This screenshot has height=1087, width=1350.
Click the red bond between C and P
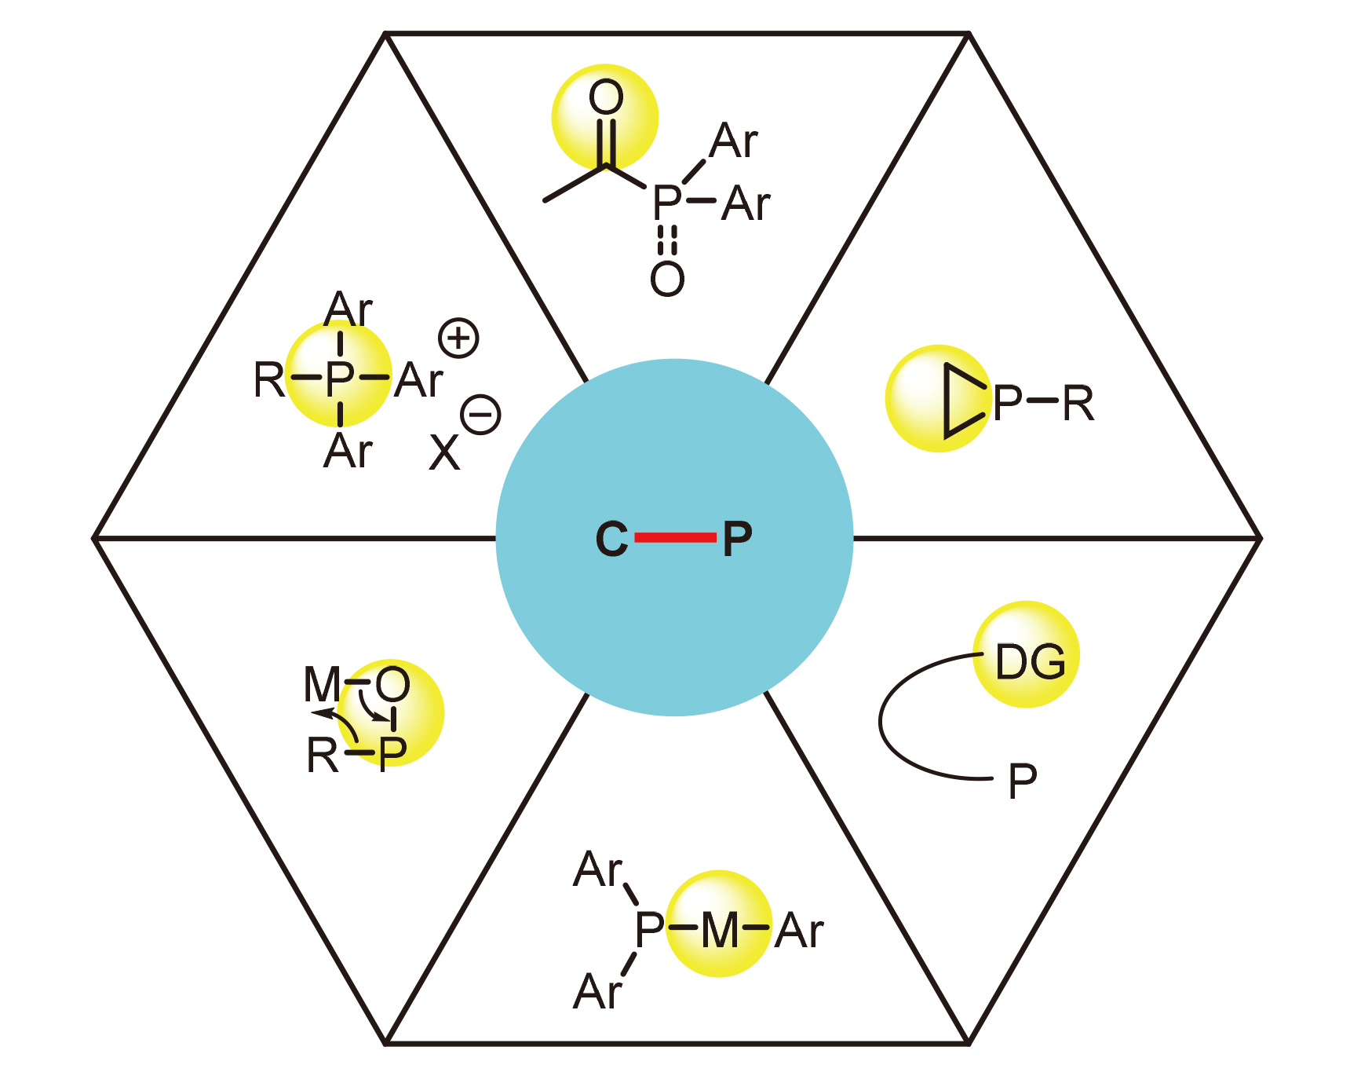click(675, 537)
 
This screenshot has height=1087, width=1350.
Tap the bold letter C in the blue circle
click(612, 539)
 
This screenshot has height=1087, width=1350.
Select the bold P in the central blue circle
click(737, 539)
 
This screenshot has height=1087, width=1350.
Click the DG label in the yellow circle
click(1030, 661)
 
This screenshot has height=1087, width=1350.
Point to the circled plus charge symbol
click(458, 339)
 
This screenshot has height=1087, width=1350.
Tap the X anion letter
click(444, 452)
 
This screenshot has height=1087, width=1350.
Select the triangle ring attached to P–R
click(964, 401)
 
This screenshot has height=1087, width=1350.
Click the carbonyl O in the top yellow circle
click(606, 97)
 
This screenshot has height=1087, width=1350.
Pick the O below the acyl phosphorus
click(667, 279)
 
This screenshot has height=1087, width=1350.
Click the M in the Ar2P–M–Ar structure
click(720, 931)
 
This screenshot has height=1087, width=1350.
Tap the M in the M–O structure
click(323, 684)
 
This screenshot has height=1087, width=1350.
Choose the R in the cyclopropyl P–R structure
click(1078, 404)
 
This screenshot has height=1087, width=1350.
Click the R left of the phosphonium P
click(268, 380)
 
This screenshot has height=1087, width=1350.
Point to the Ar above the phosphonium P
click(348, 309)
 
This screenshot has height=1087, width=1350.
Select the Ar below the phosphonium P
click(348, 451)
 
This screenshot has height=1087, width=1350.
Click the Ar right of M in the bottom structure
click(799, 931)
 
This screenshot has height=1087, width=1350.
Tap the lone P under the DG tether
click(1023, 781)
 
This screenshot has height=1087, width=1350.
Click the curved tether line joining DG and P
click(881, 719)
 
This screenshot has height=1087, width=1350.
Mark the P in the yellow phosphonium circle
click(340, 380)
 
